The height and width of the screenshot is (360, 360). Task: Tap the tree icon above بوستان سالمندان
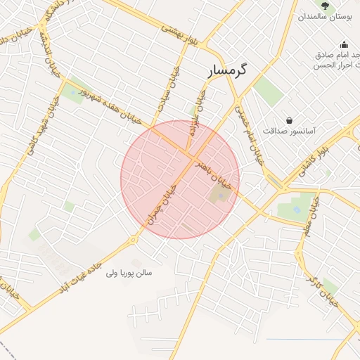324,6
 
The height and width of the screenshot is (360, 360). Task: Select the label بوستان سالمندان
323,17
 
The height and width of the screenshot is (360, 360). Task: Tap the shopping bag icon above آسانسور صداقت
290,120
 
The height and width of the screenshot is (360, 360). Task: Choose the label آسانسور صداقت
290,131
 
